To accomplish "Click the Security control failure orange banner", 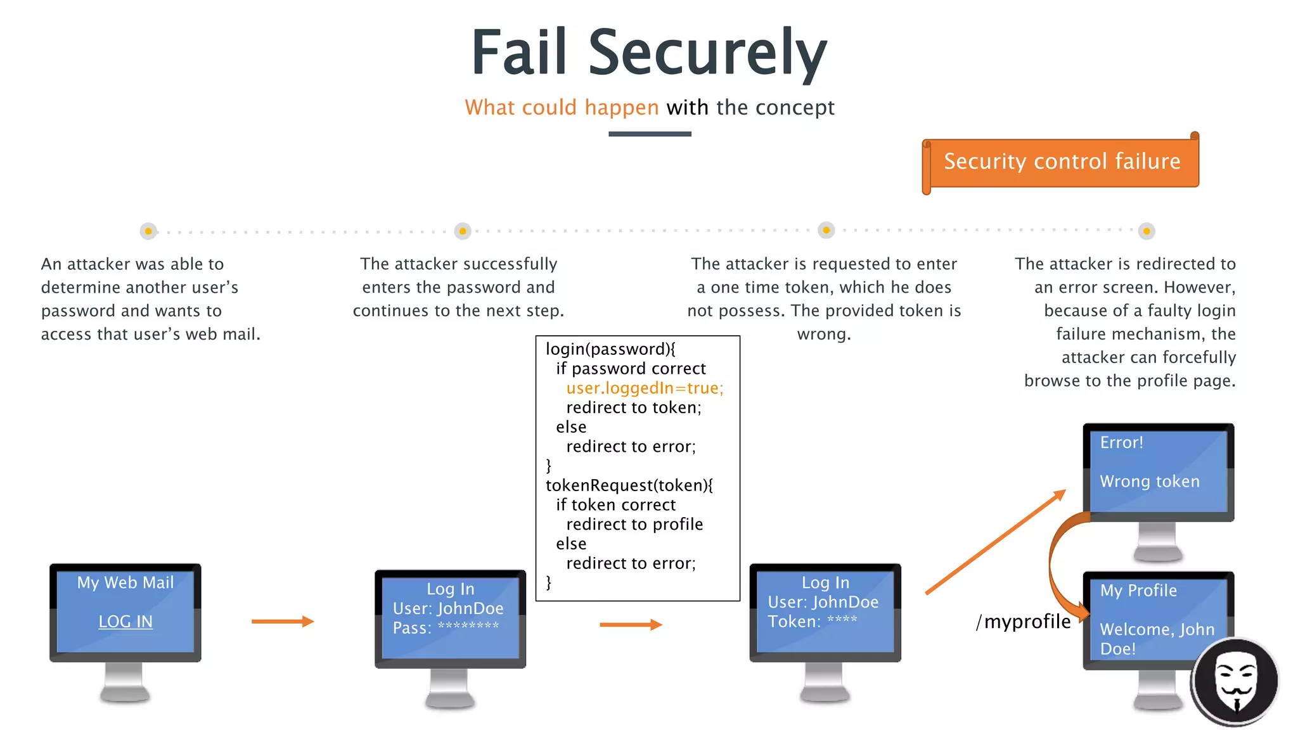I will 1062,162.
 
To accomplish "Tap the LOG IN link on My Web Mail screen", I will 125,622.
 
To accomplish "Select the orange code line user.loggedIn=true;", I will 645,388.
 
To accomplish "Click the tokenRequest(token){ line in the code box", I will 629,485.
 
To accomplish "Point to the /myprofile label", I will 1023,622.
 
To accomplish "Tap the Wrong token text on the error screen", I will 1149,482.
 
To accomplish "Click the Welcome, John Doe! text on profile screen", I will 1157,638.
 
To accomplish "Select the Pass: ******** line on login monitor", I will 446,628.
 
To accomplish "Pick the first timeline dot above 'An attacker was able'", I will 148,231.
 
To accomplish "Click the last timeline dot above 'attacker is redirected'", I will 1146,231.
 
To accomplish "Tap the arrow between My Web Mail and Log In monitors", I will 283,622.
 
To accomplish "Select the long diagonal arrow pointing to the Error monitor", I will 995,542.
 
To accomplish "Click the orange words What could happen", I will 562,108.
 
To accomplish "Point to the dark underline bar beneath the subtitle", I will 650,134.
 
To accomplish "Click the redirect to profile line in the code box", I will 634,525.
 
